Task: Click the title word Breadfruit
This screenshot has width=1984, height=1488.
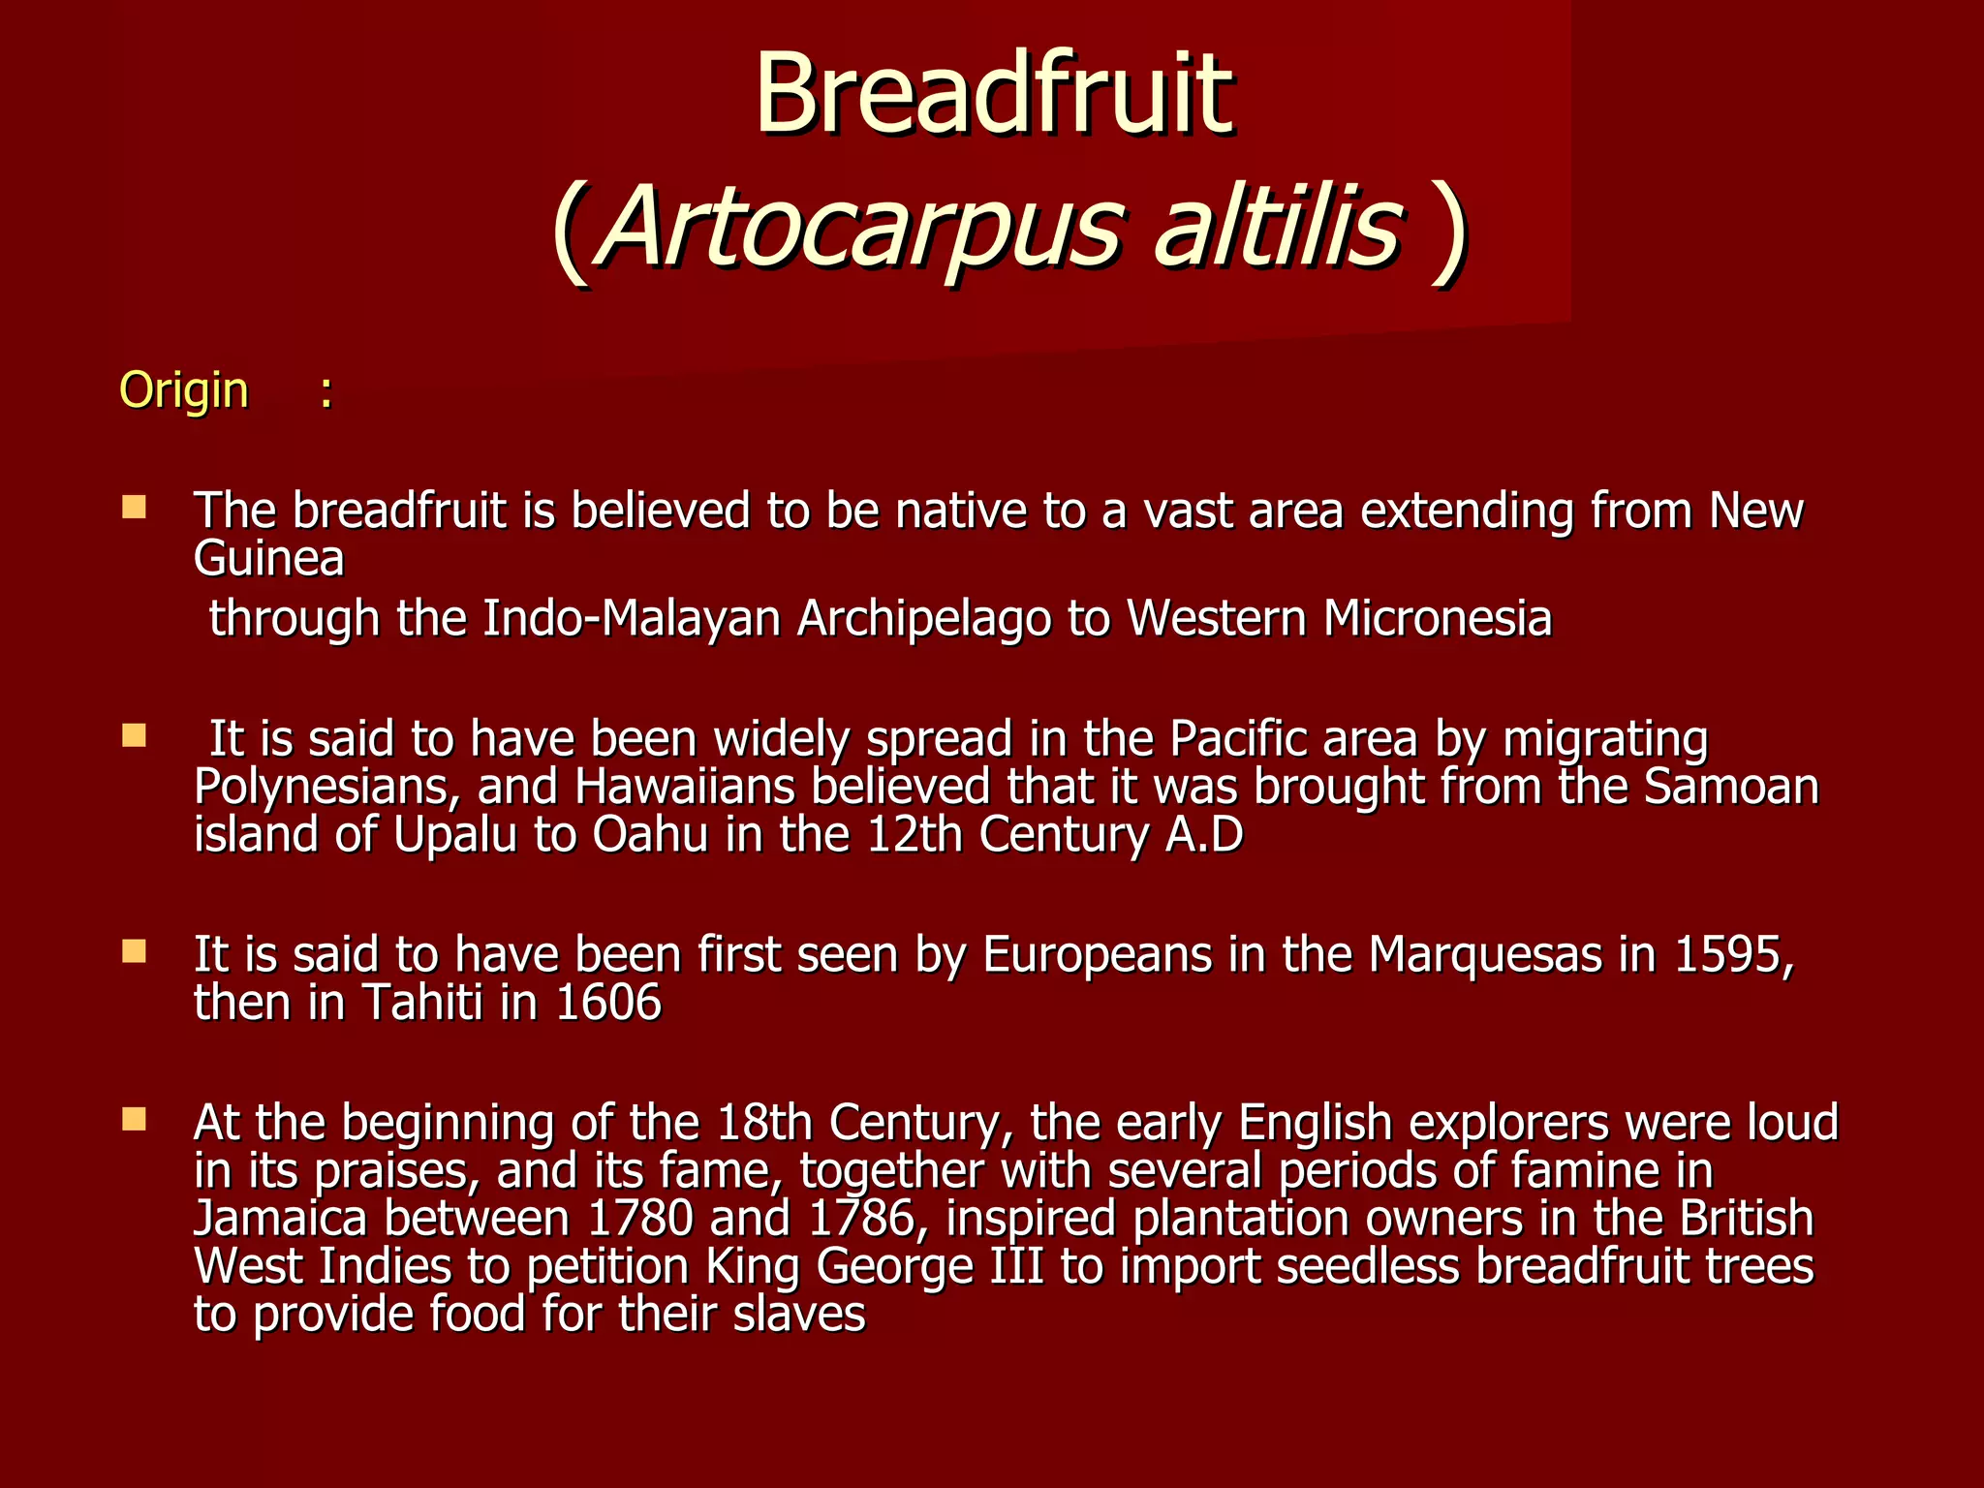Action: pyautogui.click(x=994, y=95)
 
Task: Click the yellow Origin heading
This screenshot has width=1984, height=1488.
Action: pyautogui.click(x=184, y=390)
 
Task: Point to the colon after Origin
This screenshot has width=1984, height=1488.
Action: pyautogui.click(x=326, y=392)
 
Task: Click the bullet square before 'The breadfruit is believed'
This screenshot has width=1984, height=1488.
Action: pyautogui.click(x=134, y=507)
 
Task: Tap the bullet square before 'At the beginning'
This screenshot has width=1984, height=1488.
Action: pyautogui.click(x=134, y=1121)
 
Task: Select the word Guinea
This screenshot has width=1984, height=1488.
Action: pyautogui.click(x=269, y=559)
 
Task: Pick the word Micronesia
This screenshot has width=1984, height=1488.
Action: pyautogui.click(x=1438, y=618)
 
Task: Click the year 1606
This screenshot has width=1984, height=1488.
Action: pyautogui.click(x=609, y=1003)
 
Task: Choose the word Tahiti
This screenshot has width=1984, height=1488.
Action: pyautogui.click(x=422, y=1003)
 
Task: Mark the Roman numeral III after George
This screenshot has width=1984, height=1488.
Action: pyautogui.click(x=1016, y=1266)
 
